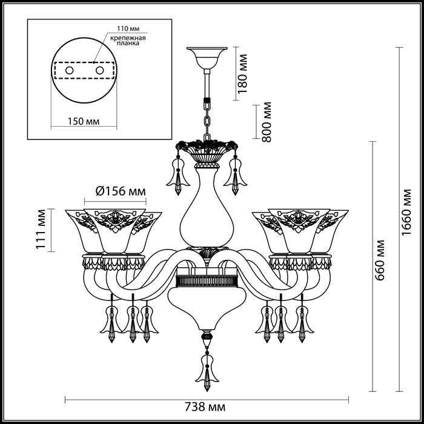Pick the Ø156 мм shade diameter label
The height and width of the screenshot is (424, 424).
coord(121,192)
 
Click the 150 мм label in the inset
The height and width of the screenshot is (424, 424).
coord(82,121)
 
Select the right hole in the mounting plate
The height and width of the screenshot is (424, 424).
coord(99,71)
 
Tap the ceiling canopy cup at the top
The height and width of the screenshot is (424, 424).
coord(207,58)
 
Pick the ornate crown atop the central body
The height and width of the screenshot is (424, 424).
coord(207,149)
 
